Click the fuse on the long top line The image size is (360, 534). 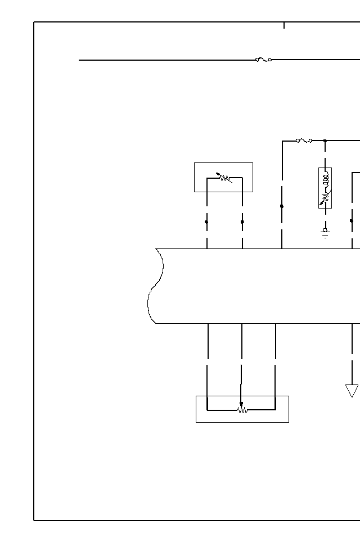tap(263, 60)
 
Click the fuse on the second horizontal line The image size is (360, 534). tap(304, 141)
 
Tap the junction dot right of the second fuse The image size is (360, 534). tap(325, 141)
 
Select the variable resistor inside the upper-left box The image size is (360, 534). tap(224, 178)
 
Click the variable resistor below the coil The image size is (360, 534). tap(325, 197)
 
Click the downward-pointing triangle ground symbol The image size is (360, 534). tap(352, 390)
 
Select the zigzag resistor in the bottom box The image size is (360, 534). tap(242, 410)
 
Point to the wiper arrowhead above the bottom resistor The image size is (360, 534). tap(241, 404)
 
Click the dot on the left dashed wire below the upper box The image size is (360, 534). tap(206, 222)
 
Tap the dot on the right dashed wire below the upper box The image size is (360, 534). tap(242, 222)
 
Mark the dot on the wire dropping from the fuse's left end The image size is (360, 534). tap(282, 206)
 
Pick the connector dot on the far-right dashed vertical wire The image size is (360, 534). tap(352, 221)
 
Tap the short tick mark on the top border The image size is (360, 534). tap(284, 25)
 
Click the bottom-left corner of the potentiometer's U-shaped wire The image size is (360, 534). tap(207, 410)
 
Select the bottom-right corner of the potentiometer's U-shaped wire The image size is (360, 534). tap(275, 410)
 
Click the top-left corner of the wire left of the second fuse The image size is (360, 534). tap(282, 141)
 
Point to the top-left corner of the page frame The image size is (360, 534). tap(34, 22)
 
